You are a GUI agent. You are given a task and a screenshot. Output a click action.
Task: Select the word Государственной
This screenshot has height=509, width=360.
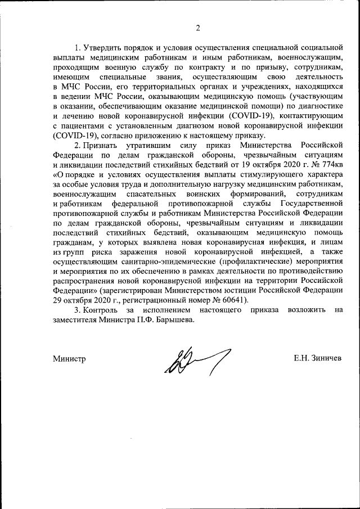[310, 203]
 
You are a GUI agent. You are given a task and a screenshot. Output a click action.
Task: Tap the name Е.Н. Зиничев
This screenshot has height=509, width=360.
[317, 358]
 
